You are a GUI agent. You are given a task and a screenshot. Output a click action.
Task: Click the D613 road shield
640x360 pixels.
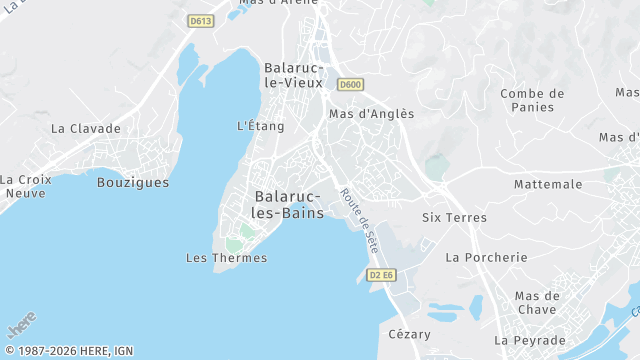pos(201,21)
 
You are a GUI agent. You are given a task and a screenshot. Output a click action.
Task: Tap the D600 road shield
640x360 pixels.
pos(349,84)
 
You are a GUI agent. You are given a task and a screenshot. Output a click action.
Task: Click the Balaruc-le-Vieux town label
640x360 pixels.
pos(289,75)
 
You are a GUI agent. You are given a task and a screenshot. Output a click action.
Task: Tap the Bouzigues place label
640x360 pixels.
pos(133,182)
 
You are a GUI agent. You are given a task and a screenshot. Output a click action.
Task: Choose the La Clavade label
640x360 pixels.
pos(86,128)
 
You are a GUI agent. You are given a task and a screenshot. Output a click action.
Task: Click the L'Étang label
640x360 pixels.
pos(260,126)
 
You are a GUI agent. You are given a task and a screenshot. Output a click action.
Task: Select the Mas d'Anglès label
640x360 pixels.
pos(371,114)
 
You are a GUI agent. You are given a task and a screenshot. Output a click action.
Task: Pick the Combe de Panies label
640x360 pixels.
pos(532,100)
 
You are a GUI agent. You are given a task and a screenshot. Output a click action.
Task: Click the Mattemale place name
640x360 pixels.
pos(548,184)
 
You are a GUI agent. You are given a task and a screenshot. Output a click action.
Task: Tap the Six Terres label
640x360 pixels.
pos(454,217)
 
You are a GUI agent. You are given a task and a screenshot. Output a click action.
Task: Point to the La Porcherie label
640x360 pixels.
pos(486,257)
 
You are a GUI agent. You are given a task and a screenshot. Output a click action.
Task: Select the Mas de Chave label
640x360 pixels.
pos(536,302)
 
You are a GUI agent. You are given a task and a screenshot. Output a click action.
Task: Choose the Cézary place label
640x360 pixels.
pos(409,334)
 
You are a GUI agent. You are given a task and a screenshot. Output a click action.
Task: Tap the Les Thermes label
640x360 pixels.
pos(227,258)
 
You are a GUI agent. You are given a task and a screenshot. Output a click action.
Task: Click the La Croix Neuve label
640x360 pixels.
pos(25,186)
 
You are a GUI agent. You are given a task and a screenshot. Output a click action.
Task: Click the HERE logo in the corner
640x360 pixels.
pos(21,327)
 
